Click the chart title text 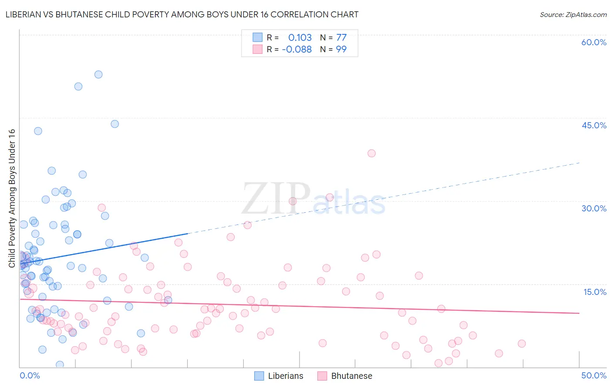182,14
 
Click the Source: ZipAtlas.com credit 573,15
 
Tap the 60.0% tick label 594,42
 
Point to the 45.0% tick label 594,125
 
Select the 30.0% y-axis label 594,208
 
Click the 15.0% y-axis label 595,292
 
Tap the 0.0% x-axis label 30,375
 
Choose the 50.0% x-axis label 594,375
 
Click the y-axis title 12,198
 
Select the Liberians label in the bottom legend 286,376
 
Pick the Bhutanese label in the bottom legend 352,376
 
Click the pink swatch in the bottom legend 322,376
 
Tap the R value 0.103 300,37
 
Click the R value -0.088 297,49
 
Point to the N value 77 341,37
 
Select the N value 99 341,49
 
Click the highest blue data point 98,74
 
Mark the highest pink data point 371,153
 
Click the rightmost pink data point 521,344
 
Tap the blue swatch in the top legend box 258,37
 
